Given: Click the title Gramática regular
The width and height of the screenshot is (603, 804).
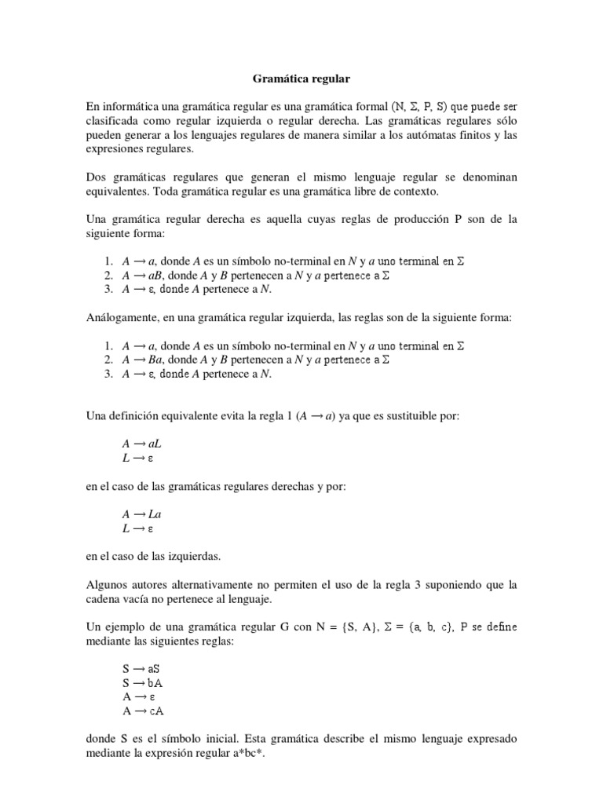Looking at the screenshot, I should point(301,79).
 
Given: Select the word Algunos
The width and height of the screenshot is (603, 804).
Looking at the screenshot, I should point(108,586).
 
